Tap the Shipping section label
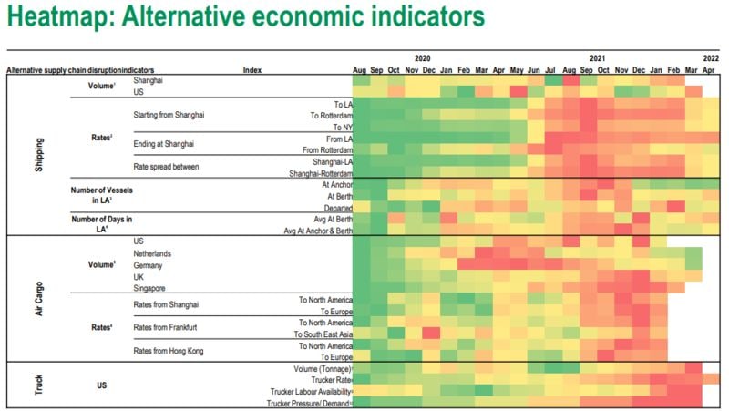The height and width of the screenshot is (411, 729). pos(38,155)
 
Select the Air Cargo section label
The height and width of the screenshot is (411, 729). pos(38,297)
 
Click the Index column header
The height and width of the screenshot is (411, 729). pos(252,70)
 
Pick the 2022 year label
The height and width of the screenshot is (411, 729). pos(711,57)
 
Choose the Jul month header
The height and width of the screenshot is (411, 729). pos(550,70)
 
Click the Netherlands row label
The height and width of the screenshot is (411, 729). pos(154,253)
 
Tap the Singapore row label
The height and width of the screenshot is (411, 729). pos(151,288)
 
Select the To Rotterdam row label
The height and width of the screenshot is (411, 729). pos(330,115)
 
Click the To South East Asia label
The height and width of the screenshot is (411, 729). pos(323,334)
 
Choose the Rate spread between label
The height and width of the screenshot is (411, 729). pos(166,167)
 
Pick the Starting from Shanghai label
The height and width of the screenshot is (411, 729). pos(169,115)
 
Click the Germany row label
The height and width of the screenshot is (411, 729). pos(149,265)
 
